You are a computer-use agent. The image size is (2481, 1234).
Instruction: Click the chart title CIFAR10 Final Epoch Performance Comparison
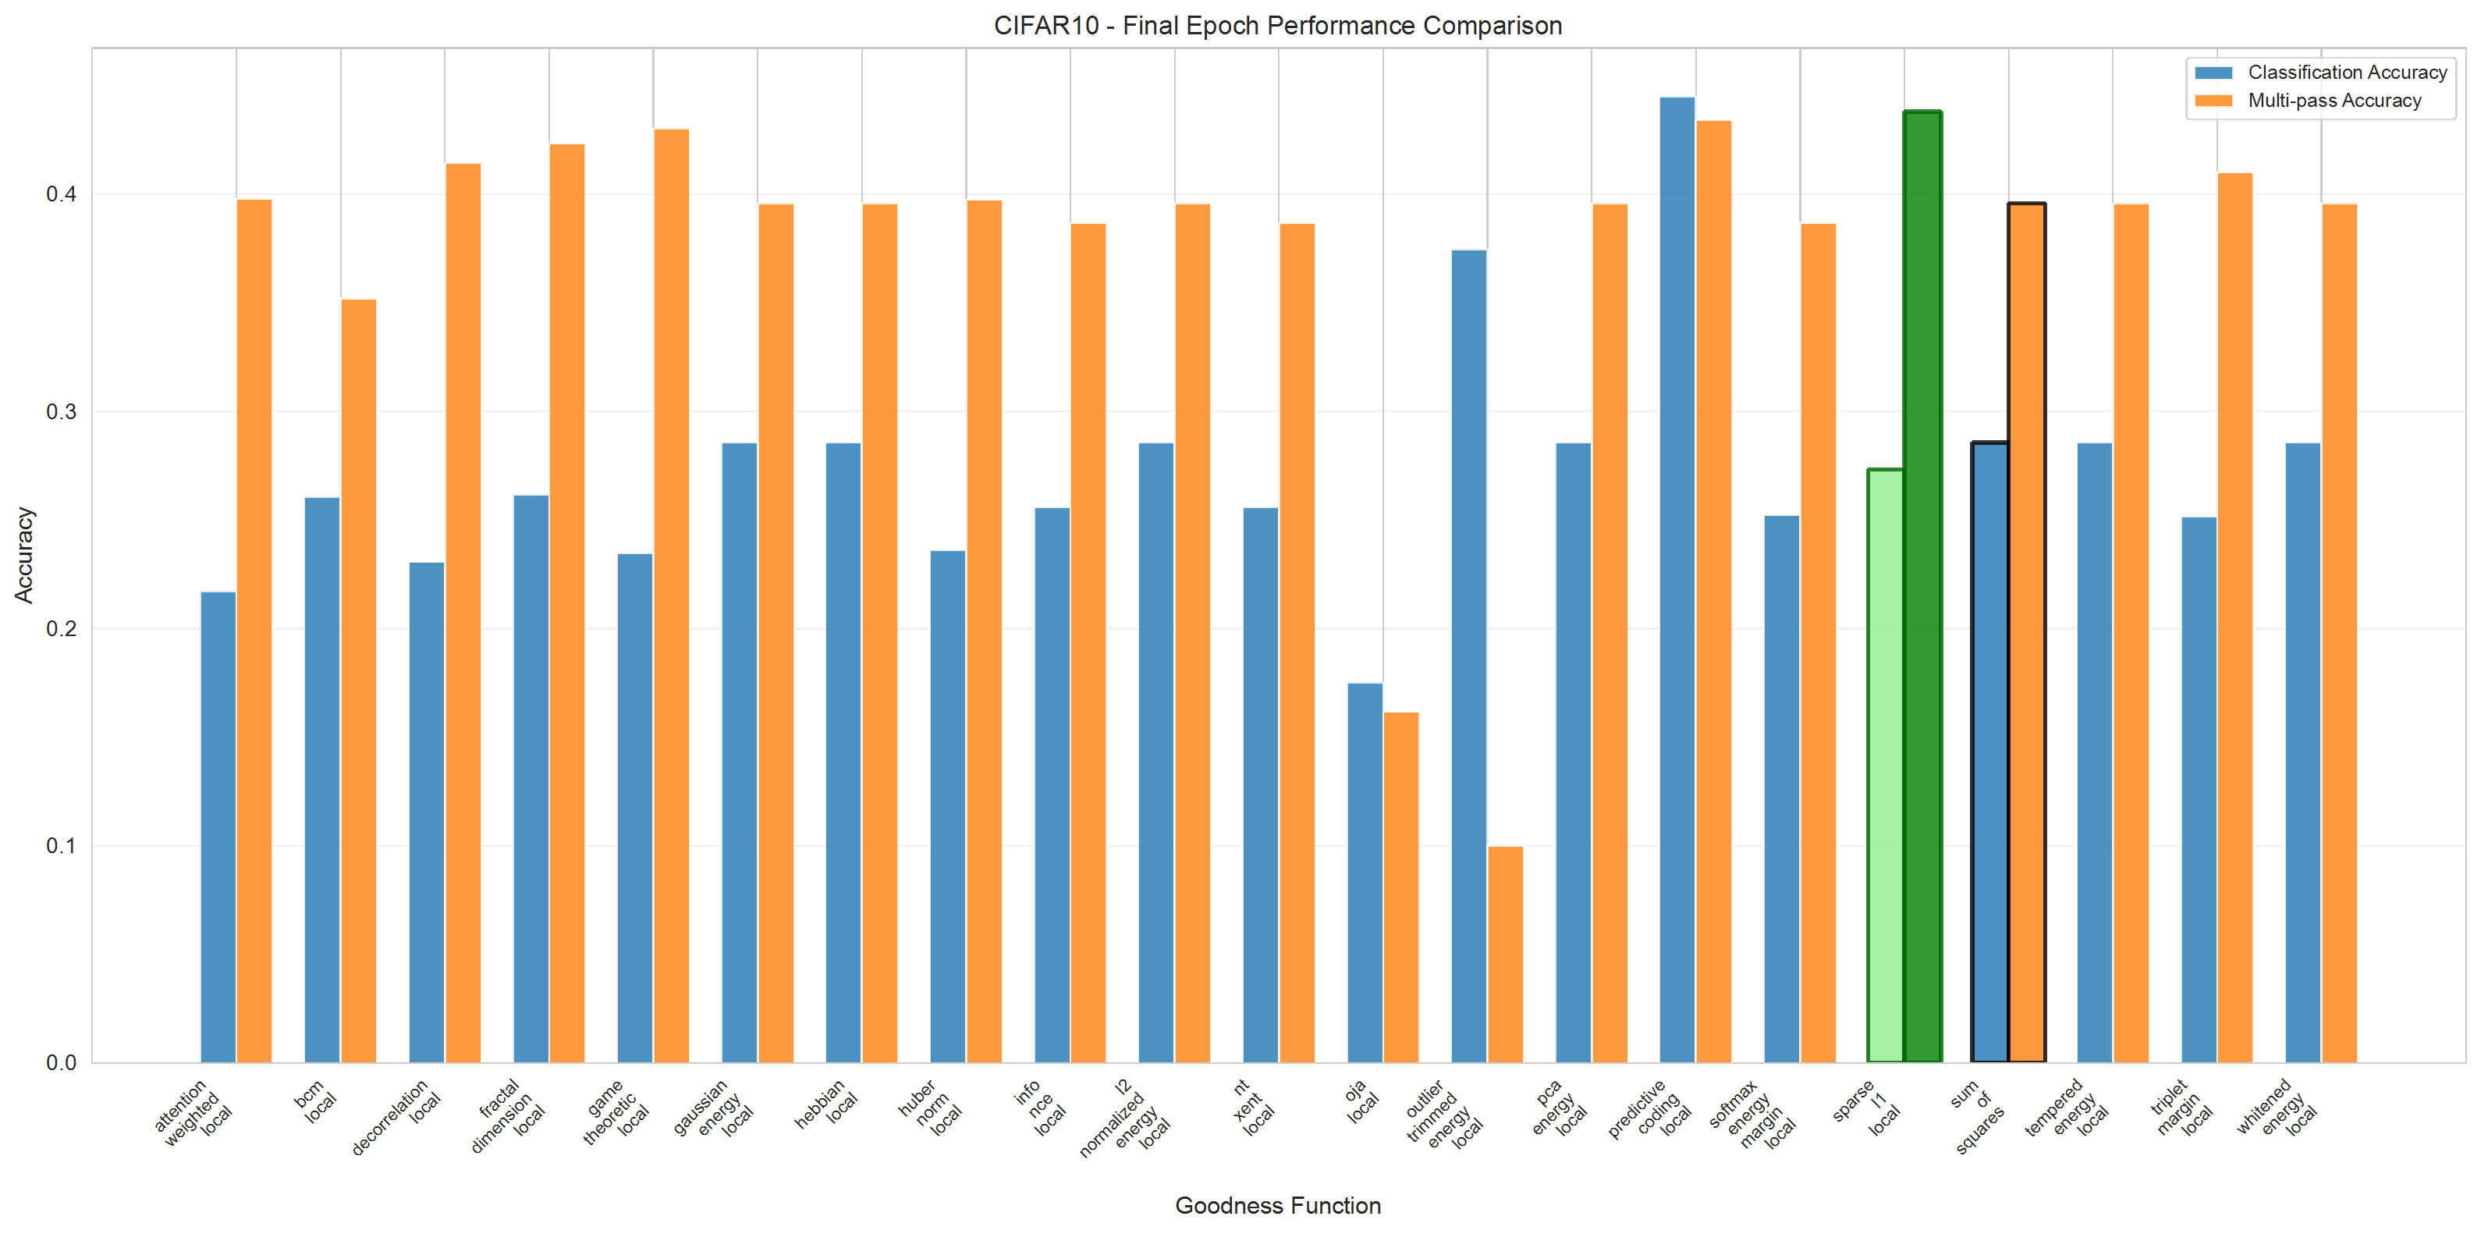[1277, 25]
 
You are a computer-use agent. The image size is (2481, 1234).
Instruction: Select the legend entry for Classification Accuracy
[2346, 73]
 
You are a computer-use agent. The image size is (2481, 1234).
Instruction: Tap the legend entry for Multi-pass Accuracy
[2334, 100]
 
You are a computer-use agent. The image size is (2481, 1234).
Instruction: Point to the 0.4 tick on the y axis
[61, 194]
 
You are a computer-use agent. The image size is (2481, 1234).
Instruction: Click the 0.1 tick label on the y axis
[61, 846]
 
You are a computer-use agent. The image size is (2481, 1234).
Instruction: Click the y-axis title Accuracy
[24, 555]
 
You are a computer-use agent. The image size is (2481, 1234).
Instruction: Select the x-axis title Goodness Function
[1277, 1205]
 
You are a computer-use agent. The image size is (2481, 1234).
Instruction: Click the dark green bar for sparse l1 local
[1922, 588]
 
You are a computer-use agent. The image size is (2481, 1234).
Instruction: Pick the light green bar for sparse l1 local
[1885, 766]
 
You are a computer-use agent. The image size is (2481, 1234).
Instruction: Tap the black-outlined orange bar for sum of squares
[2026, 633]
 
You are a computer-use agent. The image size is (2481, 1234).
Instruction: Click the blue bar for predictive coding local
[1677, 580]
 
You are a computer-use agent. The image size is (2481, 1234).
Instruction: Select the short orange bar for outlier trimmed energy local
[1505, 954]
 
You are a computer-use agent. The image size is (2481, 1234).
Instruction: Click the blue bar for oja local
[1365, 872]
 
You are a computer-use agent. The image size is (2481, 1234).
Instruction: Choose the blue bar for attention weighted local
[218, 827]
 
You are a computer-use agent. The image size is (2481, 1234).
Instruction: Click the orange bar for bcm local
[359, 680]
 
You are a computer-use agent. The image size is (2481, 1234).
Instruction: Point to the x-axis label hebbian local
[826, 1105]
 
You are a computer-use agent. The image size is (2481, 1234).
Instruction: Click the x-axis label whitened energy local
[2278, 1108]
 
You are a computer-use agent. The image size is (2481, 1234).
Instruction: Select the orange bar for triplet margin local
[2234, 617]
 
